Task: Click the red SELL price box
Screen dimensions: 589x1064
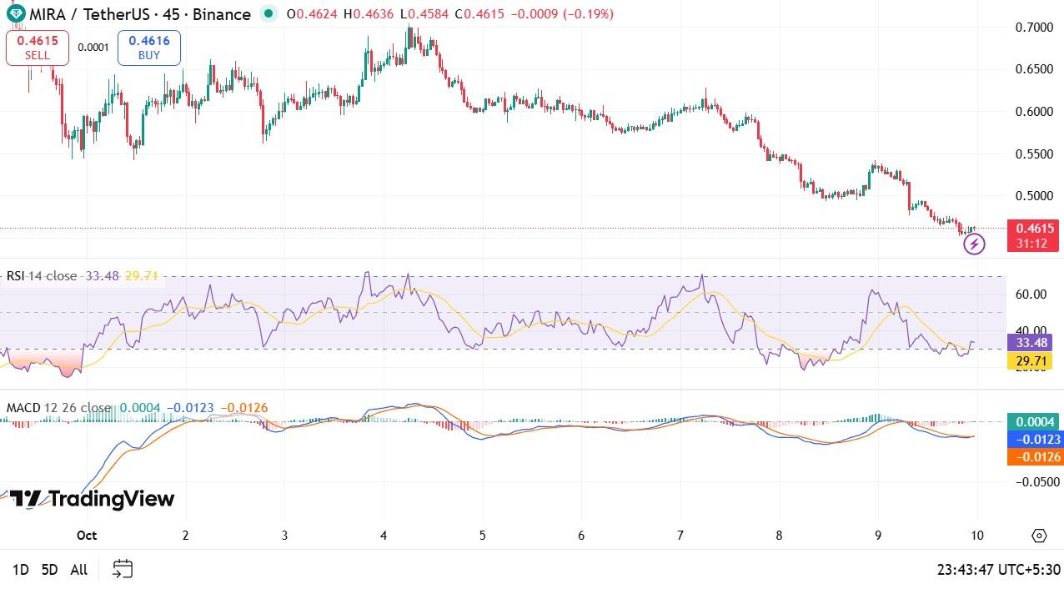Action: click(37, 48)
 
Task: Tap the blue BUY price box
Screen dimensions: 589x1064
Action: click(149, 48)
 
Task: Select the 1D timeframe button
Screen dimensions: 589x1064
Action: click(21, 570)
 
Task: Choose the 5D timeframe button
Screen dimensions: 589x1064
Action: click(49, 570)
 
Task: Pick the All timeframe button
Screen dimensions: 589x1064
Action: click(78, 570)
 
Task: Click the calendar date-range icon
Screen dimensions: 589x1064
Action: click(123, 569)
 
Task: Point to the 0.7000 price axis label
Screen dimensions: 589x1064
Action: click(1034, 28)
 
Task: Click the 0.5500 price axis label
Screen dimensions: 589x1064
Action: click(1034, 154)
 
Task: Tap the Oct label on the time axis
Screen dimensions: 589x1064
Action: click(86, 536)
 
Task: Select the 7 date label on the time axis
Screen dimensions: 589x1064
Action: click(680, 536)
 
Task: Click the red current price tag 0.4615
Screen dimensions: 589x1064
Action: click(1033, 229)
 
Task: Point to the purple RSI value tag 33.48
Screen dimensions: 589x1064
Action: click(1030, 343)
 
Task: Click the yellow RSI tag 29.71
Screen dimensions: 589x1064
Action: click(1030, 361)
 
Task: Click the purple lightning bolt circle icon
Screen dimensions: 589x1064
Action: click(974, 244)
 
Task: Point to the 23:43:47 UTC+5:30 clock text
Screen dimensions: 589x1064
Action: click(998, 570)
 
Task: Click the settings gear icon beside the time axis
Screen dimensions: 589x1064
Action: click(1039, 536)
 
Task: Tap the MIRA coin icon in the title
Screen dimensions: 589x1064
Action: click(14, 14)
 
